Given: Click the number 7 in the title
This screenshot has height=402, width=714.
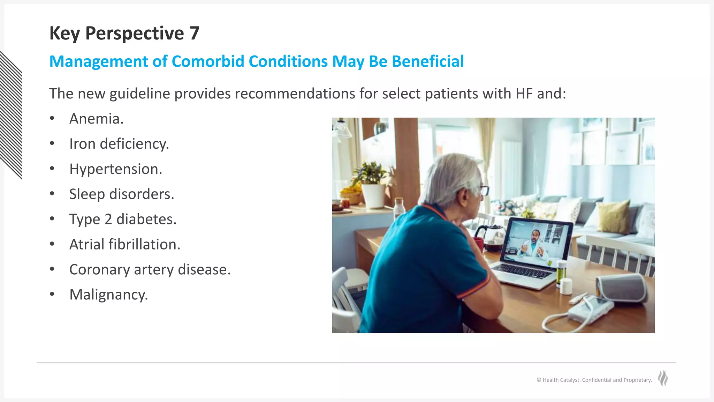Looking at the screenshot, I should [x=195, y=33].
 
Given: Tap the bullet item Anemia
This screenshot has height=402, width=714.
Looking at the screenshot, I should [x=96, y=119].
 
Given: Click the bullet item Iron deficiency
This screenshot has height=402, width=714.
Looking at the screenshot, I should [x=119, y=144].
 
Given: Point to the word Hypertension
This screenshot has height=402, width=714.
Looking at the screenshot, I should [x=115, y=169].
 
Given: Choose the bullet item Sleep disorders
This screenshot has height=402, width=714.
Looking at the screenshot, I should [x=121, y=194].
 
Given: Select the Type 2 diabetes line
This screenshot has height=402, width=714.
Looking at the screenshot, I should [x=123, y=219].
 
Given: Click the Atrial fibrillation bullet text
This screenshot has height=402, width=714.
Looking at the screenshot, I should [x=124, y=244].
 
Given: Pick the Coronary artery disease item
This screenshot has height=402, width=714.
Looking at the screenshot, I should [x=150, y=269].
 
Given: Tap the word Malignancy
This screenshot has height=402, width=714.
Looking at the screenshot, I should [x=108, y=295].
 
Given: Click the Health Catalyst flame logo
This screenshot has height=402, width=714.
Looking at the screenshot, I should [x=663, y=378].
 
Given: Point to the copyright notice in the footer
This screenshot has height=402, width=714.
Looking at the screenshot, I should [x=594, y=380].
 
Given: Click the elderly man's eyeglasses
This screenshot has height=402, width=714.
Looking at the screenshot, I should [x=484, y=191].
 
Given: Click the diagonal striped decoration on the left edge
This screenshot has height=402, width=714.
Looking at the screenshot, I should [x=11, y=115].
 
